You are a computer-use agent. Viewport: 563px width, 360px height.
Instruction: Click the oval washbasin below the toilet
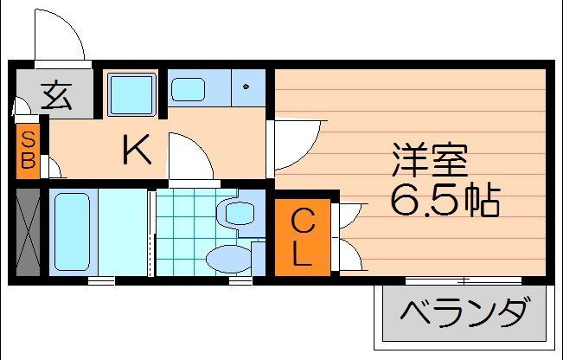(x=229, y=257)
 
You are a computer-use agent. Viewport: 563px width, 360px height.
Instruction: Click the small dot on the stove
(x=246, y=87)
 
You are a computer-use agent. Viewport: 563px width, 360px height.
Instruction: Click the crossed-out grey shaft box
(x=28, y=231)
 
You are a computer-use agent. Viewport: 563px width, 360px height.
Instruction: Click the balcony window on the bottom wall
(x=464, y=280)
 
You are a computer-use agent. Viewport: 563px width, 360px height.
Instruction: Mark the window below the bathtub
(x=101, y=280)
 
